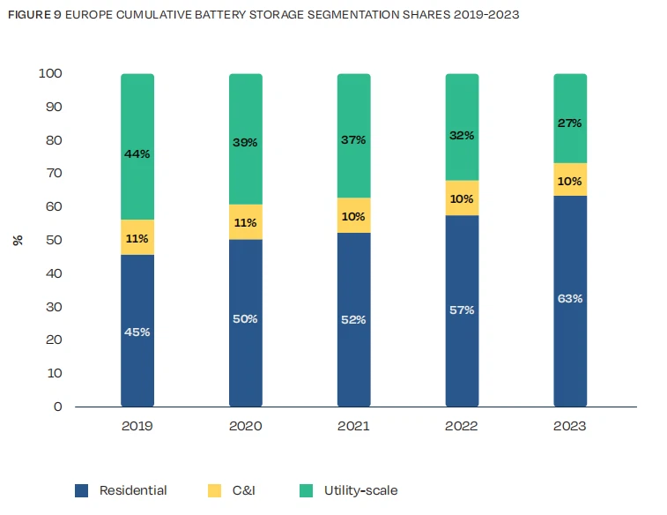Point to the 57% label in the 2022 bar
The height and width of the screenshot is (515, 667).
click(x=462, y=310)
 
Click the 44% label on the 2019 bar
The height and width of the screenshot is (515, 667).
click(x=137, y=153)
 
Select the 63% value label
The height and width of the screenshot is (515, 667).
click(x=570, y=298)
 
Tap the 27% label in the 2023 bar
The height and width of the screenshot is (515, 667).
click(x=570, y=123)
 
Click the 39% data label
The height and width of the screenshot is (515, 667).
click(x=246, y=142)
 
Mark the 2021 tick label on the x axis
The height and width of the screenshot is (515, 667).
click(x=353, y=426)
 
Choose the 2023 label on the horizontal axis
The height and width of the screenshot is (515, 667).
click(x=569, y=426)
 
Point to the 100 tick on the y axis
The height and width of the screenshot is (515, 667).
click(x=50, y=74)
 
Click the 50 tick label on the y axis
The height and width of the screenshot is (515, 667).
click(x=54, y=240)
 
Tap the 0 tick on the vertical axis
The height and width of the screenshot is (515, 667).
click(x=58, y=407)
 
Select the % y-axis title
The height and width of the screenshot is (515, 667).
click(x=17, y=240)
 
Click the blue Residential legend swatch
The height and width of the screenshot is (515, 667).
click(x=82, y=490)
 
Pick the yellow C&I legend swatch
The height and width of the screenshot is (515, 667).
click(x=215, y=490)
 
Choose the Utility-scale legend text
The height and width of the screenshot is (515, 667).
click(x=360, y=490)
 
